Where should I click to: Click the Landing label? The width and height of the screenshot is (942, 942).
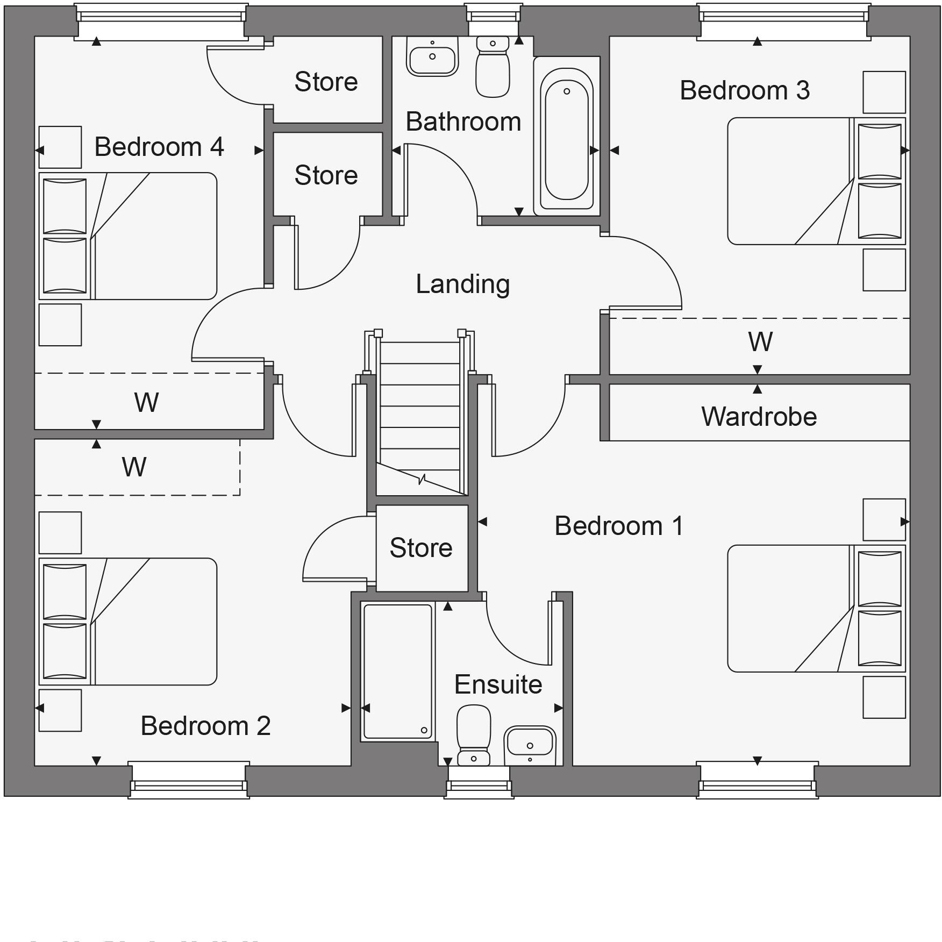click(462, 284)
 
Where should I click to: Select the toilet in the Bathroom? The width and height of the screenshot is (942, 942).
click(493, 67)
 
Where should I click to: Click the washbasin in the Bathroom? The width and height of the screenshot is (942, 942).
click(432, 56)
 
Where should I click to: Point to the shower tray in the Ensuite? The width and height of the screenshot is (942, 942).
click(398, 671)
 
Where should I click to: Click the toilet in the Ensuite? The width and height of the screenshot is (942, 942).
click(474, 734)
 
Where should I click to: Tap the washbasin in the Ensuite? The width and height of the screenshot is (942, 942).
click(530, 745)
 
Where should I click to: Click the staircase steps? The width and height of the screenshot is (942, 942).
click(420, 409)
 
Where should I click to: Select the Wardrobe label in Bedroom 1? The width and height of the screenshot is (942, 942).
click(759, 417)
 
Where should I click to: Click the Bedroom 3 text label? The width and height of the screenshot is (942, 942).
click(744, 90)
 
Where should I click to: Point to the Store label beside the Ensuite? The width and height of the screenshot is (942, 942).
click(421, 548)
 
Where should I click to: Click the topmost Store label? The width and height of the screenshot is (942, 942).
click(326, 82)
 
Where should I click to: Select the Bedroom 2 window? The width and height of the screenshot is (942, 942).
click(188, 780)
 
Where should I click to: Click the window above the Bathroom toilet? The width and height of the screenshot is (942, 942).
click(493, 20)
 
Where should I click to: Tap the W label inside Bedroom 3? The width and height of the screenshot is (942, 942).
click(760, 342)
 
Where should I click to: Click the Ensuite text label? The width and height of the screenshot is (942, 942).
click(498, 684)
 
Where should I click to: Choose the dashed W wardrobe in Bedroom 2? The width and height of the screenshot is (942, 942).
click(134, 467)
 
